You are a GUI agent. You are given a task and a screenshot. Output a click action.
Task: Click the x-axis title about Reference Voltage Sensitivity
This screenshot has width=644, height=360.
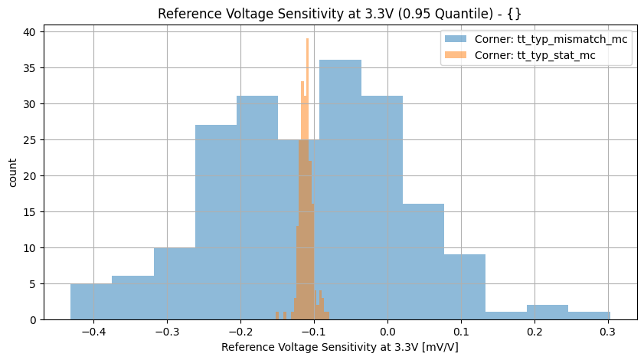pos(340,347)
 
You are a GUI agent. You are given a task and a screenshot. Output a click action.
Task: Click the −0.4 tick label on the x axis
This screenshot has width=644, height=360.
pos(93,333)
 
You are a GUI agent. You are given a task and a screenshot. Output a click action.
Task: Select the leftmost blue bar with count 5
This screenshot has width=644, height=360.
pos(91,302)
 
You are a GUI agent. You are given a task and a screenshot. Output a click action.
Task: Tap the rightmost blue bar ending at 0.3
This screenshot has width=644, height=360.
pos(589,316)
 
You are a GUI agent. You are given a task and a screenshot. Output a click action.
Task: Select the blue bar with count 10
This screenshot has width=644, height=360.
pos(174,283)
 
